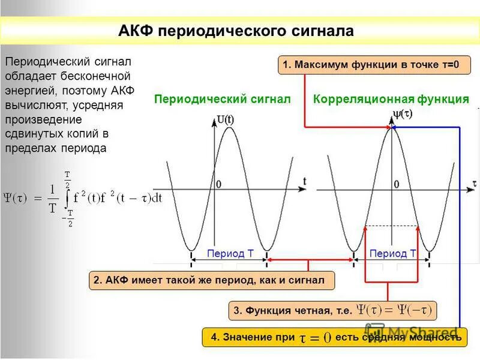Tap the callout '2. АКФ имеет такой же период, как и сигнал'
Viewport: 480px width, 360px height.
coord(211,280)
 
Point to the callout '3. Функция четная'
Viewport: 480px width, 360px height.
coord(333,310)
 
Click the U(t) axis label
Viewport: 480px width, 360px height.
coord(226,119)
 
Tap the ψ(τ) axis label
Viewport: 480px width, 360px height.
coord(402,112)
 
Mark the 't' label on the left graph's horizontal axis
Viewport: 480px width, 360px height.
coord(305,181)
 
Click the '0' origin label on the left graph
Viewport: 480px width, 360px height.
coord(218,184)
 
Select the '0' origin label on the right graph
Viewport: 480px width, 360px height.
coord(397,184)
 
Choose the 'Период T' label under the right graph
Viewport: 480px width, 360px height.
coord(393,254)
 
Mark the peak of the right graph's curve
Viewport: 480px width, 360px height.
coord(391,128)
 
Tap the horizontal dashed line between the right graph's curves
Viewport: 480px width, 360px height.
coord(391,226)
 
